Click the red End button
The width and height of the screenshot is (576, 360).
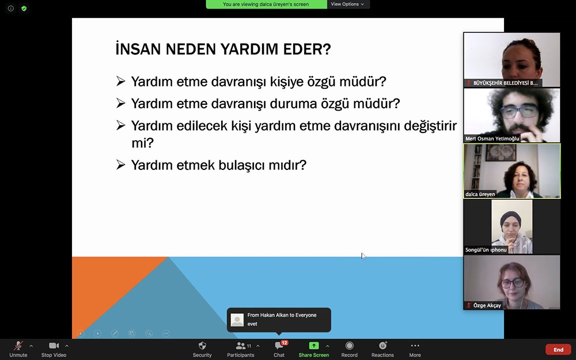pyautogui.click(x=558, y=350)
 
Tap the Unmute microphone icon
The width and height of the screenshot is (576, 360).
pyautogui.click(x=18, y=346)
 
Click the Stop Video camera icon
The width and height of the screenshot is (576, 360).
pyautogui.click(x=54, y=345)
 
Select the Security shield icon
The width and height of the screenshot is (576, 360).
pyautogui.click(x=202, y=345)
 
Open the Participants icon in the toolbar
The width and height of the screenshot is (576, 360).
pyautogui.click(x=241, y=346)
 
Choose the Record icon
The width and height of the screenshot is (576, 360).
pyautogui.click(x=350, y=345)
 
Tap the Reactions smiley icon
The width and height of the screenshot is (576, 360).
pyautogui.click(x=383, y=345)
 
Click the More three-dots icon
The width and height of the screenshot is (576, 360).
pyautogui.click(x=415, y=345)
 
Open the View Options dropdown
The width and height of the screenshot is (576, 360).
pyautogui.click(x=347, y=4)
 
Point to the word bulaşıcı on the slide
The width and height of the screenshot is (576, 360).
pyautogui.click(x=242, y=165)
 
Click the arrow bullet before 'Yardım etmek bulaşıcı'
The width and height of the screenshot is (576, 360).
pyautogui.click(x=120, y=164)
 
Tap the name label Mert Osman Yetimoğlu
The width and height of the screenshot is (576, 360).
pyautogui.click(x=492, y=138)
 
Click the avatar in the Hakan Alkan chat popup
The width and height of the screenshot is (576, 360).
pyautogui.click(x=237, y=320)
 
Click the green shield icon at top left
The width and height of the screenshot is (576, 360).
pyautogui.click(x=24, y=8)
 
